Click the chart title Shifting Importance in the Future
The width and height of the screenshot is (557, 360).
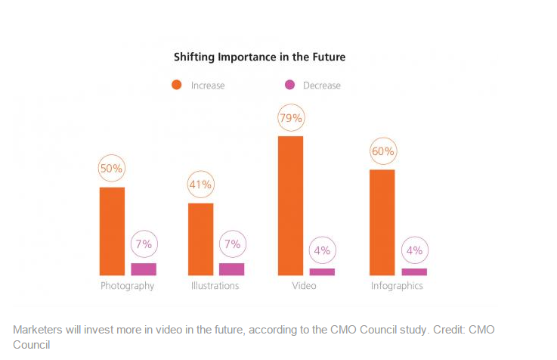click(x=259, y=57)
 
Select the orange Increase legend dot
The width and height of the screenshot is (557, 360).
click(x=177, y=85)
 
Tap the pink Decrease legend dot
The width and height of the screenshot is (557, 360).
click(x=289, y=85)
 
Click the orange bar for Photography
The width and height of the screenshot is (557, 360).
click(x=112, y=231)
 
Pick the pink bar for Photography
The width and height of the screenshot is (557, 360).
click(x=144, y=269)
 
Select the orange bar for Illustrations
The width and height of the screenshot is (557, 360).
click(x=200, y=239)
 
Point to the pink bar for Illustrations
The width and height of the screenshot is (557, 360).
click(x=231, y=269)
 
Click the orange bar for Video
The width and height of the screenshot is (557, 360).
click(x=290, y=206)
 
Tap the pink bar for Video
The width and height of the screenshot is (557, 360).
click(x=322, y=272)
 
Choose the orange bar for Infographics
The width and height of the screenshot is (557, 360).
click(x=382, y=222)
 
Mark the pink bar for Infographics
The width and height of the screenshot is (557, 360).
click(x=414, y=272)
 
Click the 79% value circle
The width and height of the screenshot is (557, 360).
click(x=291, y=118)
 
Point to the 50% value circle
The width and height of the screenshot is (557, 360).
click(x=112, y=169)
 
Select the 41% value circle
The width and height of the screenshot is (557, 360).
click(x=201, y=185)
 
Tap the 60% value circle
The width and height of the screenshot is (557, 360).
click(x=382, y=151)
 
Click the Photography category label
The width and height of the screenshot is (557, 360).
click(x=127, y=287)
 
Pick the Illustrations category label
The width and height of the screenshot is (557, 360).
click(x=215, y=287)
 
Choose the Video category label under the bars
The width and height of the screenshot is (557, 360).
click(x=304, y=287)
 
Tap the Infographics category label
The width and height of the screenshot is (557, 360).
click(x=397, y=287)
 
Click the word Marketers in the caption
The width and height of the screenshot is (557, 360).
click(x=39, y=330)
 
